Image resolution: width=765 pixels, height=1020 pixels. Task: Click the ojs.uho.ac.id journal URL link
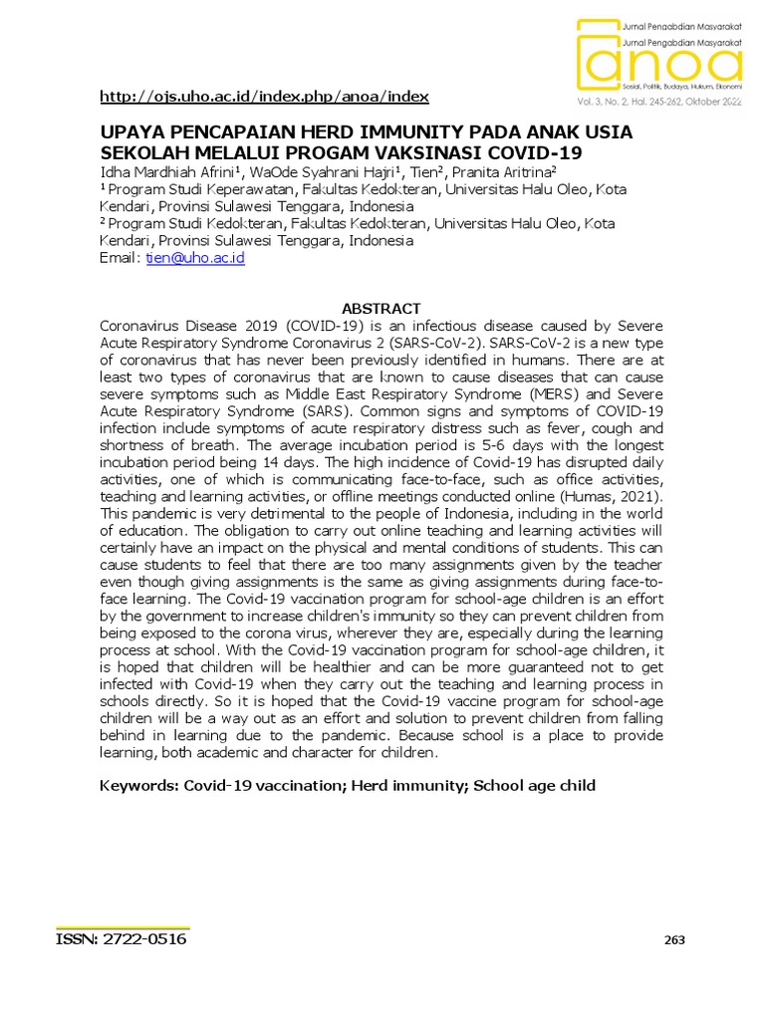[x=264, y=97]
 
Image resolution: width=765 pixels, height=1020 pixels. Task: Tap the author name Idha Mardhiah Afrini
[x=164, y=172]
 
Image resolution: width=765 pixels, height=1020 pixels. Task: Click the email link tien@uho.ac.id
[x=194, y=257]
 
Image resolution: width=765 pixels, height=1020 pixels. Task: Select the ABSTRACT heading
[x=382, y=309]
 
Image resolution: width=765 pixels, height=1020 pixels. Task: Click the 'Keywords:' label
[x=139, y=785]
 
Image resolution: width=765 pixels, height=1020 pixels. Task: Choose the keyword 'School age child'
[x=534, y=785]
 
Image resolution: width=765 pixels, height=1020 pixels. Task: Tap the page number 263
[x=674, y=940]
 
